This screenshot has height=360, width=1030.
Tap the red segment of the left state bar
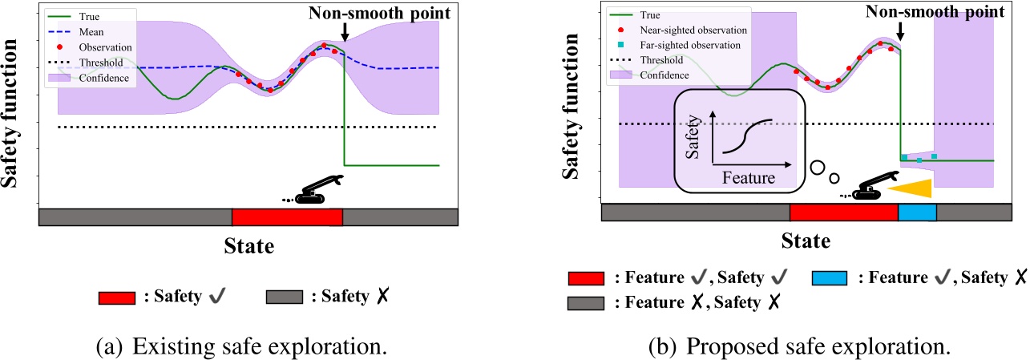287,217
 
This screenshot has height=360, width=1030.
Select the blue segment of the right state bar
917,212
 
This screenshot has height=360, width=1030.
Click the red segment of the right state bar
843,212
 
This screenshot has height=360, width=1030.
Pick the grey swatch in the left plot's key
284,297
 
